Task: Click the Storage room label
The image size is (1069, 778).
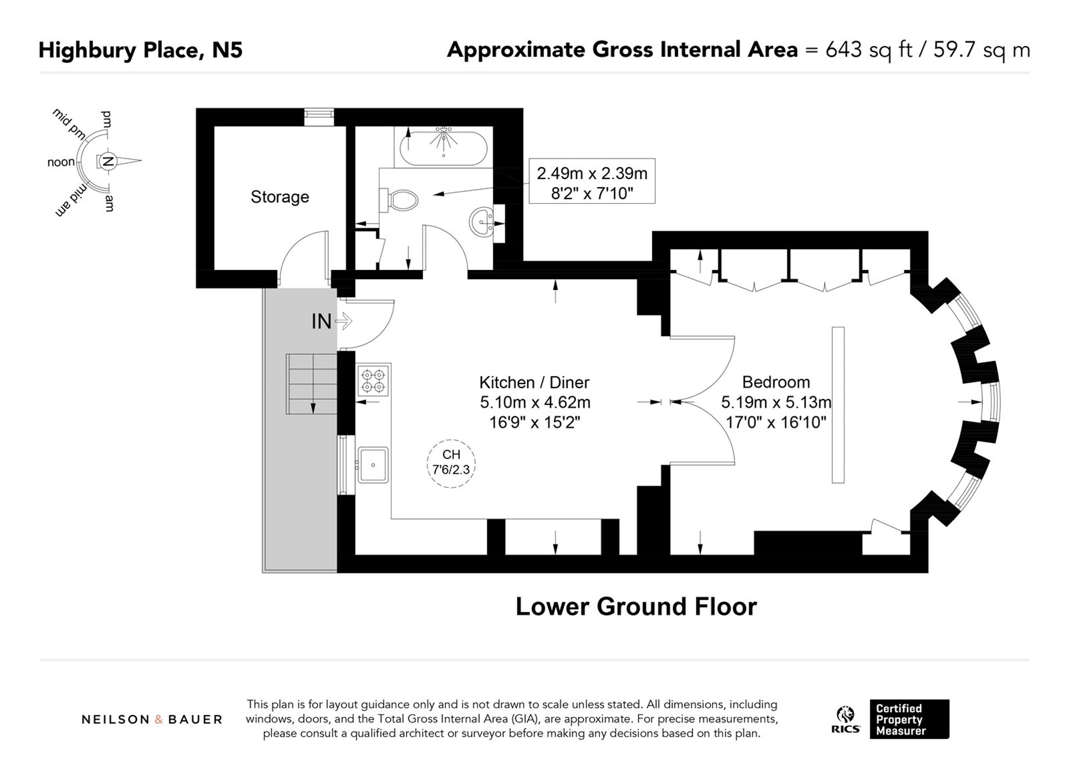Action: click(x=280, y=197)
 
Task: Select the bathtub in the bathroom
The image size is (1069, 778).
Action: click(x=443, y=147)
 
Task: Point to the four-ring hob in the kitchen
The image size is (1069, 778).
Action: click(x=373, y=380)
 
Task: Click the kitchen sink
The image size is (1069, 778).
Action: click(x=373, y=465)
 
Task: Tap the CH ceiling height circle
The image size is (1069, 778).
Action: click(x=451, y=463)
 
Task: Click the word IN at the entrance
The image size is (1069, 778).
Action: click(x=322, y=321)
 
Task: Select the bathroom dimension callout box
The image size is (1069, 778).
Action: click(x=592, y=181)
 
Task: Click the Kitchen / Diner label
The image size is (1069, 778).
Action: click(x=534, y=382)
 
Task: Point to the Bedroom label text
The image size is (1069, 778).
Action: click(x=776, y=382)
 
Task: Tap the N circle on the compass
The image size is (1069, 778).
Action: click(x=108, y=161)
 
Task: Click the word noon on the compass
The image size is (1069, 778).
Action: click(x=61, y=162)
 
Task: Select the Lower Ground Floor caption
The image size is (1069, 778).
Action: click(x=636, y=607)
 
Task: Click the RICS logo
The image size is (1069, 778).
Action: click(x=847, y=719)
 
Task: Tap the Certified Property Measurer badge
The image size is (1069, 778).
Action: click(x=909, y=719)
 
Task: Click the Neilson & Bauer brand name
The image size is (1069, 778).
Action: click(x=152, y=719)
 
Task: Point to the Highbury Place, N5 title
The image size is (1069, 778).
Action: click(x=140, y=50)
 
